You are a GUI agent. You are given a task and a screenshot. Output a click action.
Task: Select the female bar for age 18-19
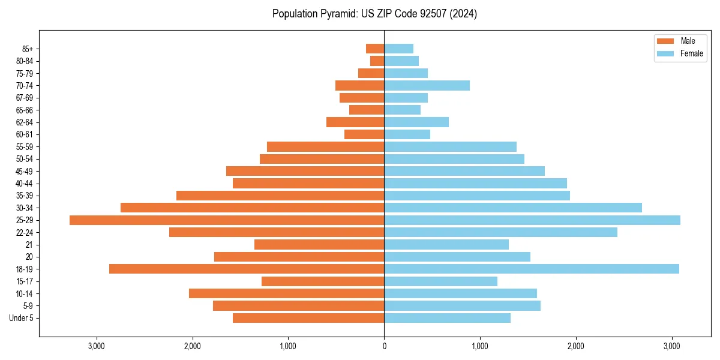coord(532,269)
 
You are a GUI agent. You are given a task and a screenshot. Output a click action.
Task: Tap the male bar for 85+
coord(375,49)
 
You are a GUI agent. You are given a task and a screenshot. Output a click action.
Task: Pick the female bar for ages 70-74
coord(427,85)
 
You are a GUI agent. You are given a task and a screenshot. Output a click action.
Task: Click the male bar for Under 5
coord(308,318)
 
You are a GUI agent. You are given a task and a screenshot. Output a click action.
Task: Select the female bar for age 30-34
coord(513,208)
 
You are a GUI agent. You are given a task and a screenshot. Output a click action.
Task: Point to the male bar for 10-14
coord(286,293)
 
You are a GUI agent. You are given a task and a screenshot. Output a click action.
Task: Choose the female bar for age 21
coord(446,245)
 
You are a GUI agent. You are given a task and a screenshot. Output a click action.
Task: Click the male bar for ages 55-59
coord(325,146)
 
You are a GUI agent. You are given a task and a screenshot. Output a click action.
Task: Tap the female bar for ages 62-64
coord(416,122)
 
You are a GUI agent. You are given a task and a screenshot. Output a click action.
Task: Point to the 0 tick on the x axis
coord(384,346)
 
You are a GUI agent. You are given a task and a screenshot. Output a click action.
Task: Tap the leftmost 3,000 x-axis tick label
coord(97,346)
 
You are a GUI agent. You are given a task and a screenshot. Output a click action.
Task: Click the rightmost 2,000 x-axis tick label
coord(576,346)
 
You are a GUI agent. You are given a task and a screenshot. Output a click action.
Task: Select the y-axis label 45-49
coord(24,171)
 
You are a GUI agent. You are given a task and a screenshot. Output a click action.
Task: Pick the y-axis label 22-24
coord(24,232)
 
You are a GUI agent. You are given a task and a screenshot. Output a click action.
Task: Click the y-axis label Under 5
coord(22,318)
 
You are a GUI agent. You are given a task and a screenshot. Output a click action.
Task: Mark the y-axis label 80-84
coord(24,61)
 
